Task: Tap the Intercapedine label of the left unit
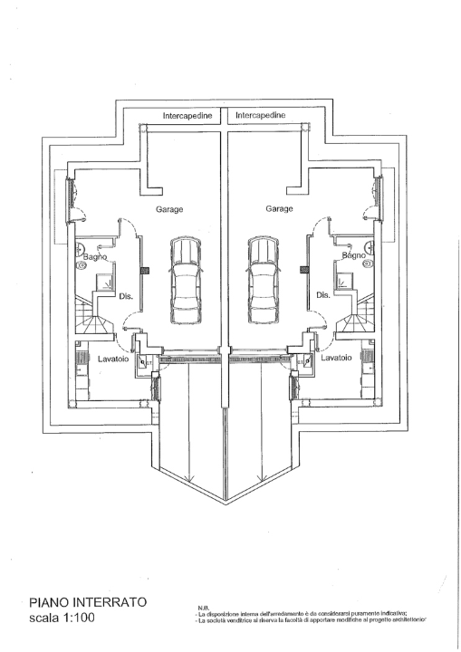(x=187, y=116)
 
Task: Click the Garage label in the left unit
(x=169, y=208)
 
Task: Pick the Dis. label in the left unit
(x=127, y=296)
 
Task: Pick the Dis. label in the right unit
(x=322, y=296)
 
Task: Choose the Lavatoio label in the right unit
(x=336, y=359)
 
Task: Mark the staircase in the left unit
(x=91, y=316)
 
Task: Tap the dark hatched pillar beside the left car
(x=142, y=269)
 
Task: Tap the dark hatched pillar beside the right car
(x=306, y=269)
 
